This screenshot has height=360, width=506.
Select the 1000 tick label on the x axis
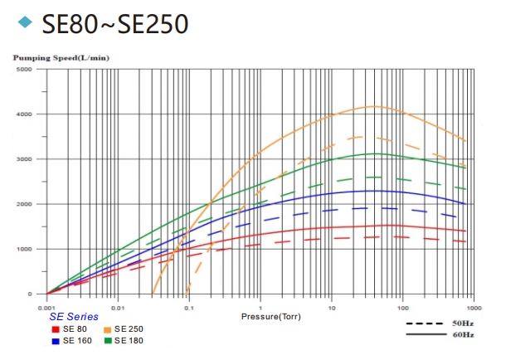point(471,306)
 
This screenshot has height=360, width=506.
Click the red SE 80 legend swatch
point(54,329)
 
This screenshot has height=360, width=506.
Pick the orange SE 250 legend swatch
point(108,329)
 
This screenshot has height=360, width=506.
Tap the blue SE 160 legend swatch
point(54,340)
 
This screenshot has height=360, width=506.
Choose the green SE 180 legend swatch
point(108,340)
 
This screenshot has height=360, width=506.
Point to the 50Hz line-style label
point(463,322)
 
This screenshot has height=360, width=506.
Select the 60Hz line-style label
point(463,334)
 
